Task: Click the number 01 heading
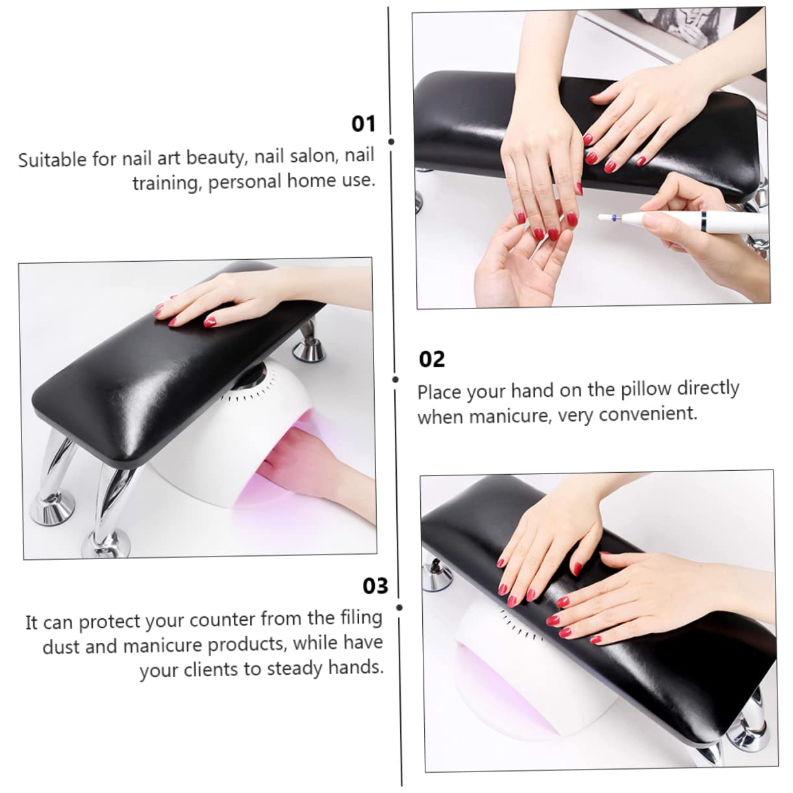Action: pyautogui.click(x=363, y=123)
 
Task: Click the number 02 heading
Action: pyautogui.click(x=432, y=359)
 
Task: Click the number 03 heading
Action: pyautogui.click(x=375, y=586)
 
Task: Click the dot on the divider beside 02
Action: pyautogui.click(x=396, y=379)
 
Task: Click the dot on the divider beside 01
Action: pyautogui.click(x=391, y=141)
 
